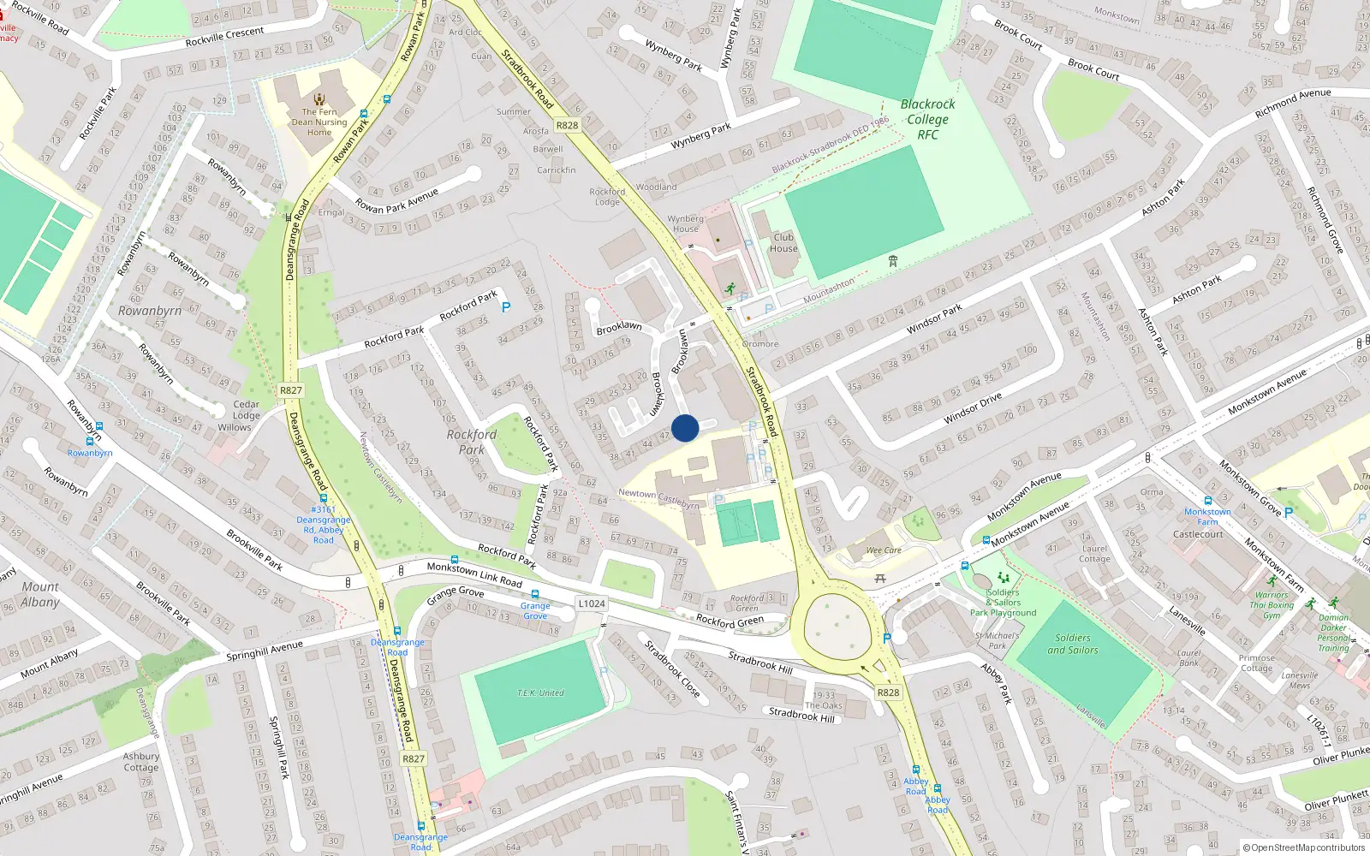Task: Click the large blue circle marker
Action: (x=685, y=427)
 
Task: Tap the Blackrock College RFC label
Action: (x=927, y=119)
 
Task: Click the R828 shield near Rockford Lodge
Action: (x=567, y=125)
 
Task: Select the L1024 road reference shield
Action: (x=591, y=603)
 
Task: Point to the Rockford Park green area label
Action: (x=471, y=442)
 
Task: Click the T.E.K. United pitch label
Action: (x=540, y=693)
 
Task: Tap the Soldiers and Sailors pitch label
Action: (x=1072, y=644)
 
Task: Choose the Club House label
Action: (x=783, y=243)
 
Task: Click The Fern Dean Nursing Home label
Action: (x=319, y=122)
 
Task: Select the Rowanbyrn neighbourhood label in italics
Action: (x=150, y=311)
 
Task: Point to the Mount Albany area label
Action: (x=40, y=594)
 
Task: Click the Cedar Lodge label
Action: (x=246, y=410)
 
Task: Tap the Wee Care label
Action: (x=884, y=550)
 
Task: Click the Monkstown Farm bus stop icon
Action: (x=1208, y=501)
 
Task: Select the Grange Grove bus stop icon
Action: (x=535, y=594)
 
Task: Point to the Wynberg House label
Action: (x=685, y=223)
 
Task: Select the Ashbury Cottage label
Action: (x=141, y=762)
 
